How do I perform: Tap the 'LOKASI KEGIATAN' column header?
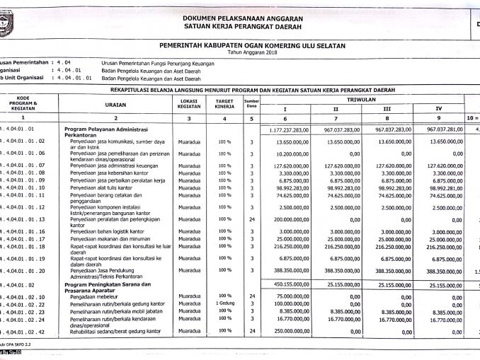point(189,103)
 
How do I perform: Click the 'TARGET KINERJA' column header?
point(224,103)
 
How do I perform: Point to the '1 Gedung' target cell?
point(224,303)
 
